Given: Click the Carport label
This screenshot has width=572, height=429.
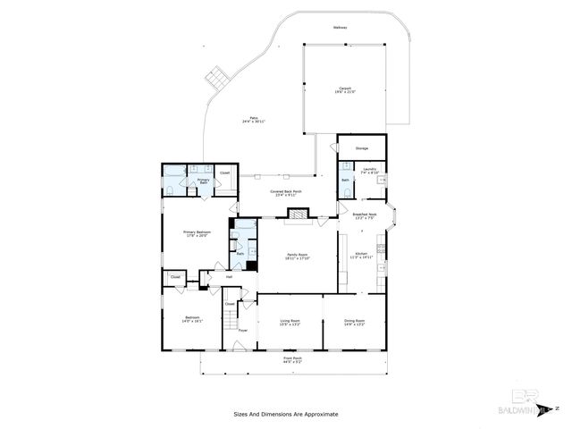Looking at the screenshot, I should (344, 89).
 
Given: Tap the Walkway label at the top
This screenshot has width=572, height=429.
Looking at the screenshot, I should (340, 28).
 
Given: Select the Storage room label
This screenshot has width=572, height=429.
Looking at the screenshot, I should (362, 147).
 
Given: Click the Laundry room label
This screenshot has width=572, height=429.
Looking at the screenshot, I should (369, 171).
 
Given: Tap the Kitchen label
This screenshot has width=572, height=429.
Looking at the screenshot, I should (362, 257).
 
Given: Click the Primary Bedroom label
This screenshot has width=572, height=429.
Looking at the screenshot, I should (197, 234).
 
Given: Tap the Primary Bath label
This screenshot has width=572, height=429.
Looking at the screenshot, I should (204, 181).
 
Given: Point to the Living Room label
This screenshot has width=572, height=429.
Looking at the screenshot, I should (290, 322).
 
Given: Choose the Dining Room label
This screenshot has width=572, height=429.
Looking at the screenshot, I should (355, 322).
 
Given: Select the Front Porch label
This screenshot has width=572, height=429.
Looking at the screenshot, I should (293, 361).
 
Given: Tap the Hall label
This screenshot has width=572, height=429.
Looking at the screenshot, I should (229, 277).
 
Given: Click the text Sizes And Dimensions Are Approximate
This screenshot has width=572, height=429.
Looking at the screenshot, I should (286, 414).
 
